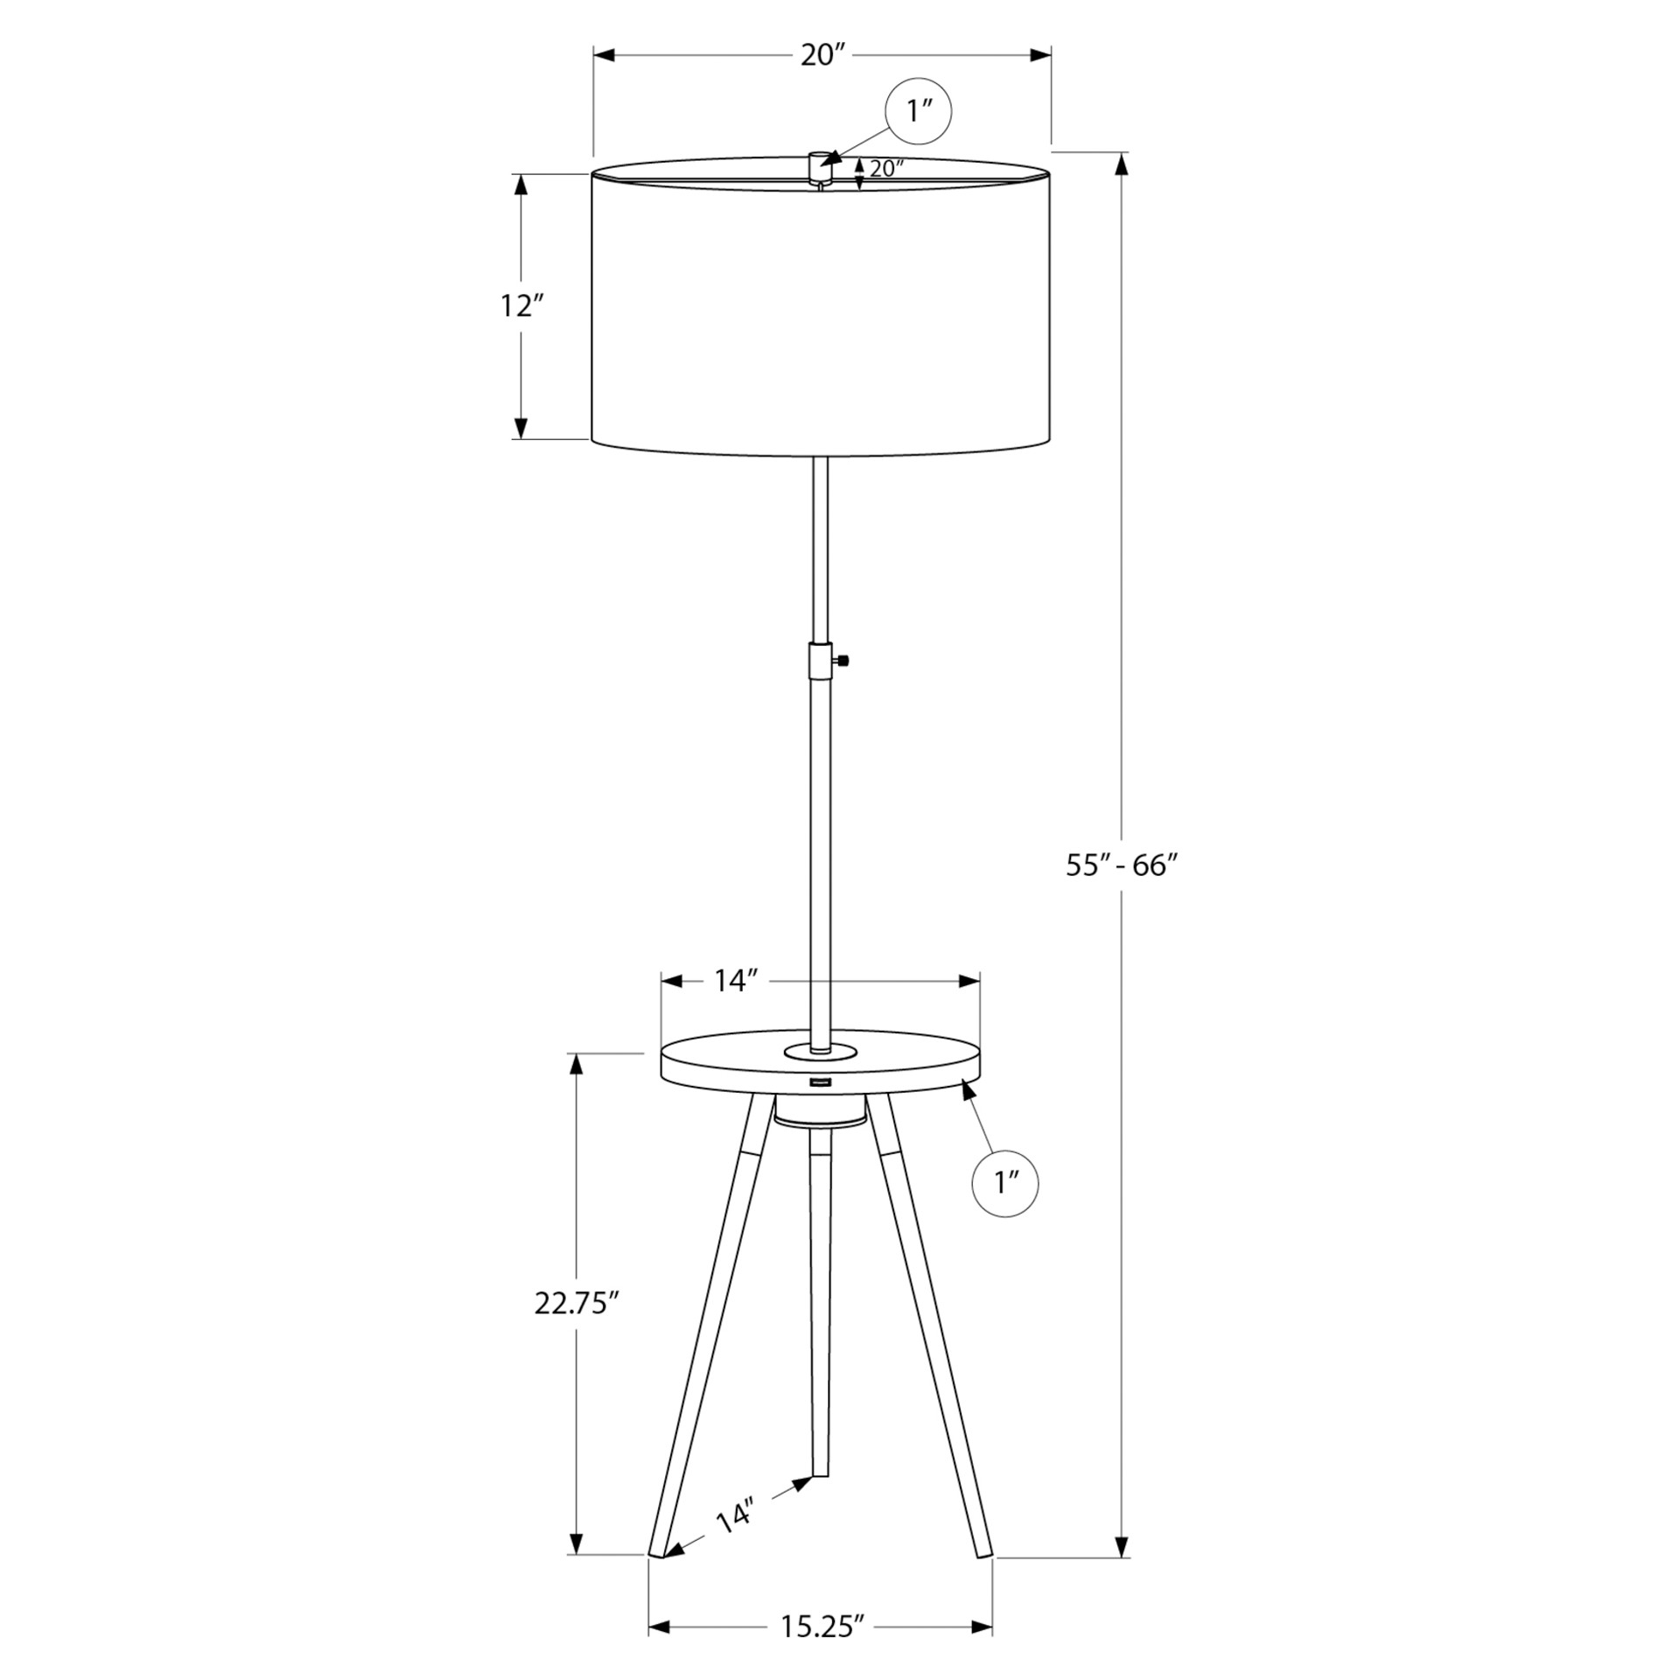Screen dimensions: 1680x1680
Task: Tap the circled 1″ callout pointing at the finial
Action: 918,111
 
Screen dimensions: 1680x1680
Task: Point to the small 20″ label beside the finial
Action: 886,169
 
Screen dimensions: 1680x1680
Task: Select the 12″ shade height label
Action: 522,306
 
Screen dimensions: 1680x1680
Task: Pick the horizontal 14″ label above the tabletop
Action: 735,981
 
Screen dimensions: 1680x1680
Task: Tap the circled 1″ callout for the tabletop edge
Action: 1005,1183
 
